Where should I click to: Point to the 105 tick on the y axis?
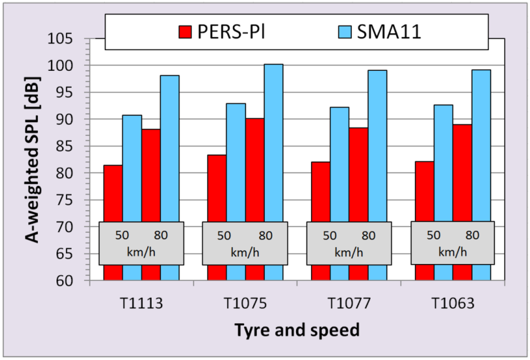point(72,39)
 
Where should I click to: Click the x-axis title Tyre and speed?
point(297,329)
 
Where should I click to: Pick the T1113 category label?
point(141,304)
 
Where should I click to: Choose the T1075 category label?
point(245,304)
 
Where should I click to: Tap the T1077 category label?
point(349,304)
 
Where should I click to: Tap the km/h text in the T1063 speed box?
point(452,252)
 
